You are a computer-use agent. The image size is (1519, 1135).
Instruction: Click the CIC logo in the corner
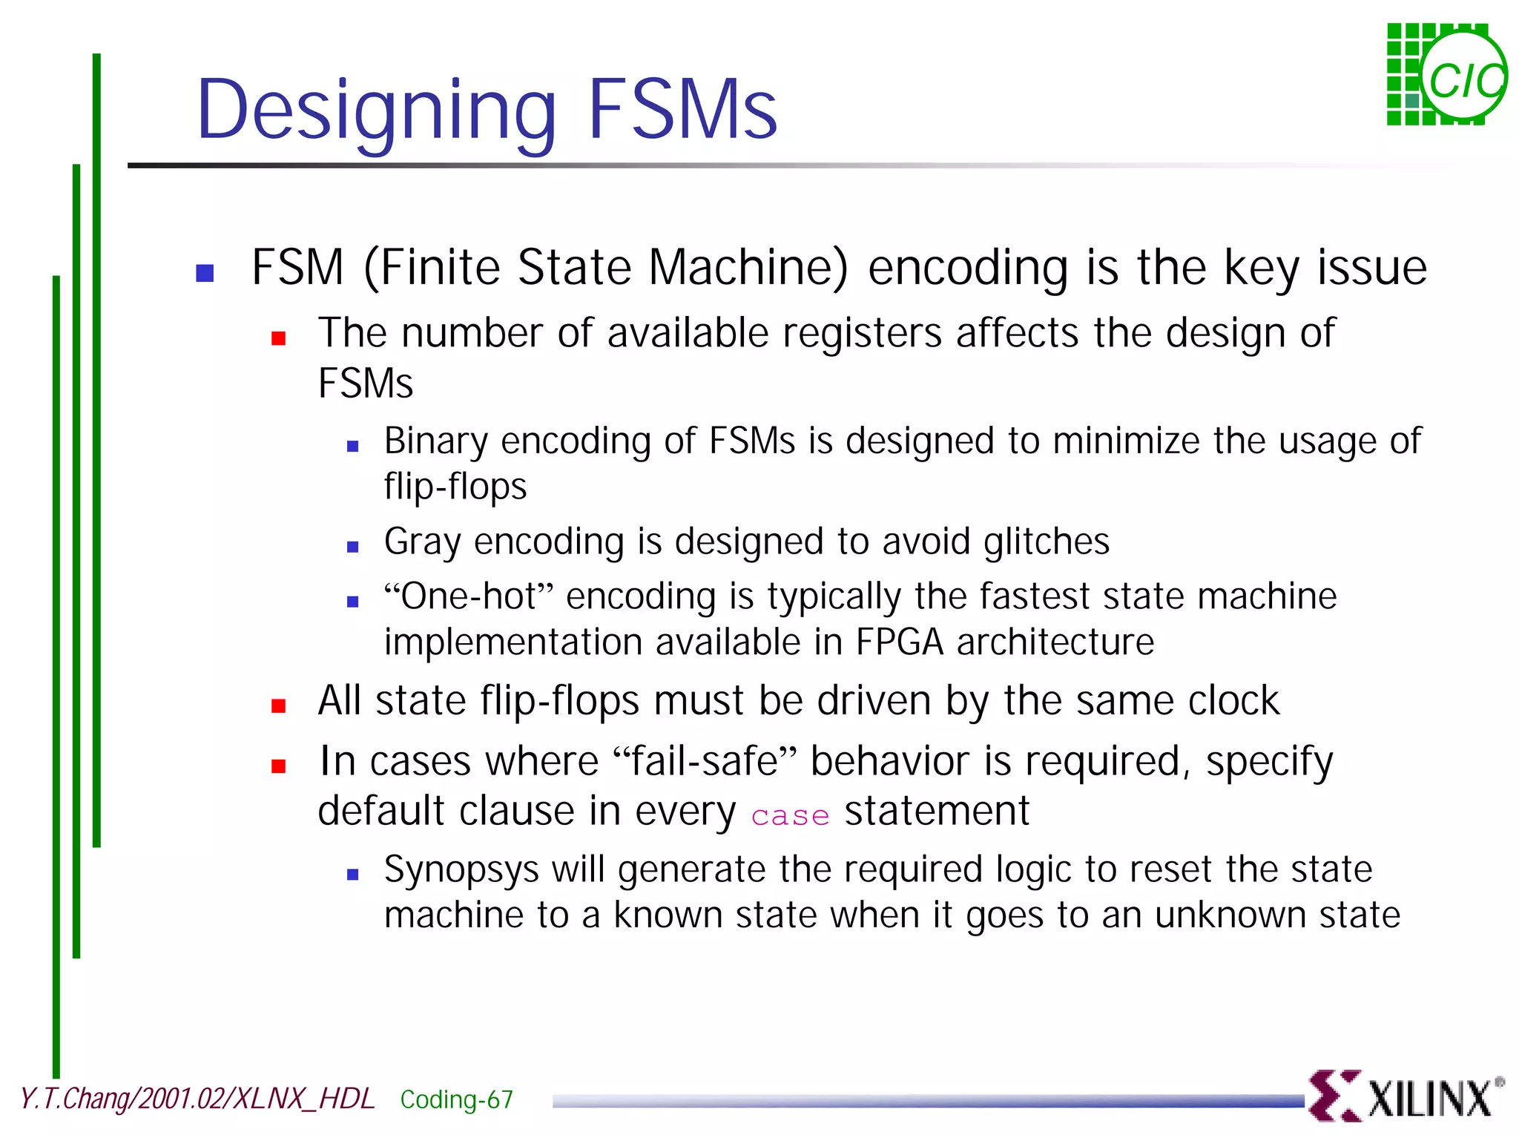point(1446,75)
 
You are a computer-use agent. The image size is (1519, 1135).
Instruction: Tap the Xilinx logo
point(1405,1096)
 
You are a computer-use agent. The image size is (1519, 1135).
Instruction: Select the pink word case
point(790,815)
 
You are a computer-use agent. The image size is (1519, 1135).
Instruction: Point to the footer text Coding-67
point(456,1099)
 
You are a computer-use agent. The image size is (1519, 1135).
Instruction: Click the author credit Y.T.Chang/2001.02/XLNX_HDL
point(197,1098)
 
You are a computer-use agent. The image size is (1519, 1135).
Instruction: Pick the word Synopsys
point(461,869)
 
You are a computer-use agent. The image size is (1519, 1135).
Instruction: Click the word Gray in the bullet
point(422,542)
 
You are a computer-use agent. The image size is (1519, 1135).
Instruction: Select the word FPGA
point(899,642)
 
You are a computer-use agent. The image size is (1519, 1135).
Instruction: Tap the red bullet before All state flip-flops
point(279,705)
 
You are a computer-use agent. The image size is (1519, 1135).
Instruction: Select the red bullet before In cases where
point(279,766)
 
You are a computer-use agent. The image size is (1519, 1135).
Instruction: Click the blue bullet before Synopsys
point(353,875)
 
